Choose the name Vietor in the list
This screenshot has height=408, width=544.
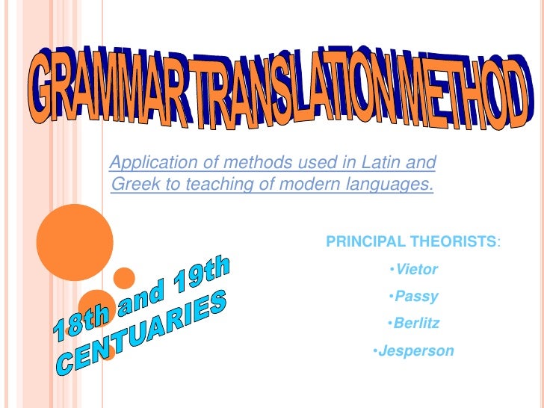(x=417, y=269)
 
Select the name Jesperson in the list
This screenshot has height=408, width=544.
(x=416, y=350)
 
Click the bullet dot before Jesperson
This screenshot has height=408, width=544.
(x=374, y=350)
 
